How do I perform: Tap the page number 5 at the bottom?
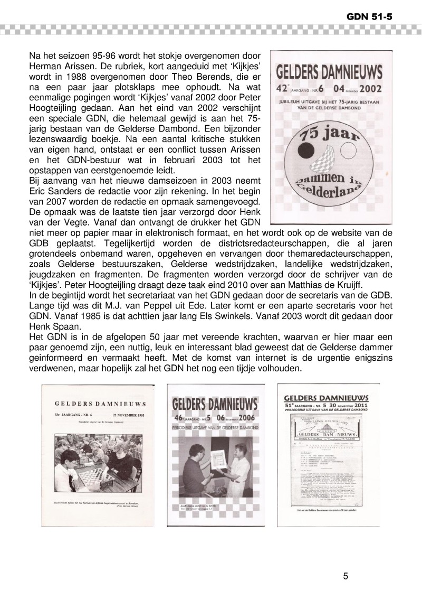[345, 576]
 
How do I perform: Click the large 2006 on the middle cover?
[241, 419]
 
